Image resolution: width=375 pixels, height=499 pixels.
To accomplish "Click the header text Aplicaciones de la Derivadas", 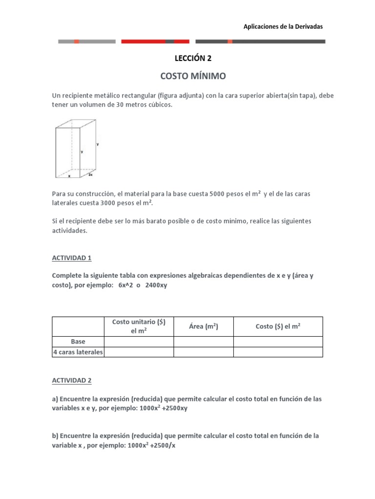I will pyautogui.click(x=283, y=26).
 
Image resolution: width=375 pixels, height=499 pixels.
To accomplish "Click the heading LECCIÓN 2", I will pyautogui.click(x=193, y=58).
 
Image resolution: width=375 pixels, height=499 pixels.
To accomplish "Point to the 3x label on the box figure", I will pyautogui.click(x=90, y=174).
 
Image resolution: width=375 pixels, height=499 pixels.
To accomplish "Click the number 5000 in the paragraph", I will pyautogui.click(x=217, y=194).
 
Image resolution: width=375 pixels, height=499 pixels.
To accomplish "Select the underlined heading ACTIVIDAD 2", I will pyautogui.click(x=72, y=380).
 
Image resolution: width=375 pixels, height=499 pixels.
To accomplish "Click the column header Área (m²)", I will pyautogui.click(x=203, y=326).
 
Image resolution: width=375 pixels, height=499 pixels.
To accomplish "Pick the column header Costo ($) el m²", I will pyautogui.click(x=278, y=326).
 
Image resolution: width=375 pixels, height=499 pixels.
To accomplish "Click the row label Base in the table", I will pyautogui.click(x=78, y=342).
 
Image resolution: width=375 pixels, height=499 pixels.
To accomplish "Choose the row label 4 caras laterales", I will pyautogui.click(x=78, y=352).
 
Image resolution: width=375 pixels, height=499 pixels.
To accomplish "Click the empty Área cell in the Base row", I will pyautogui.click(x=203, y=342).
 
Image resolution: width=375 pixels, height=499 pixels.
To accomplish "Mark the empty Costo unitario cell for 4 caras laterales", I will pyautogui.click(x=139, y=352).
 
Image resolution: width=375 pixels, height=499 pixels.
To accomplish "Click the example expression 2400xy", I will pyautogui.click(x=156, y=285).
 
